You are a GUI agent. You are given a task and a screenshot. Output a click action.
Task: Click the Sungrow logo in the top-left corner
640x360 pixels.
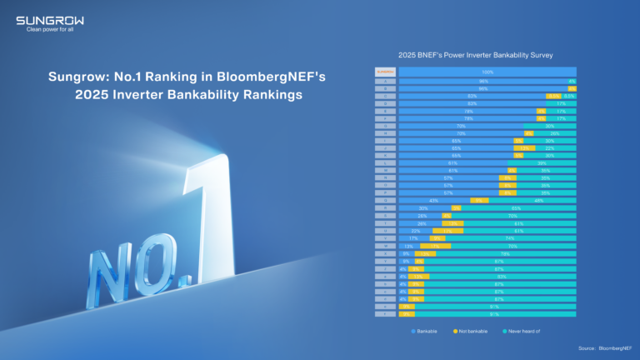[x=50, y=20]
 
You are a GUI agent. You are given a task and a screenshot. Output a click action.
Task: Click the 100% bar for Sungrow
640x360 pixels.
[x=487, y=72]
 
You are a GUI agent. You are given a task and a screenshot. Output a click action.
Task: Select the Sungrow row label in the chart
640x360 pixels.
[x=384, y=72]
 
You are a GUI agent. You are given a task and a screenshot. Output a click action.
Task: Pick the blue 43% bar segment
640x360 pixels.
[x=434, y=200]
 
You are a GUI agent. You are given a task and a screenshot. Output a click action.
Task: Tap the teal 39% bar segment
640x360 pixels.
[x=541, y=162]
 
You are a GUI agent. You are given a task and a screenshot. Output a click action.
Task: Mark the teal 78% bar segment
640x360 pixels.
[x=505, y=253]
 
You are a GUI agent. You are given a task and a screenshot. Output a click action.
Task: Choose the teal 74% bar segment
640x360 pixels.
[x=509, y=238]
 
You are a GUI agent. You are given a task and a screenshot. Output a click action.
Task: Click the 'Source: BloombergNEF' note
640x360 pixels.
[x=602, y=347]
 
